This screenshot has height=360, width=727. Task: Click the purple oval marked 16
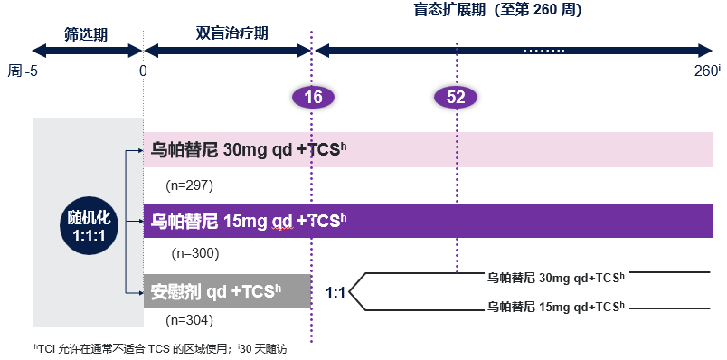[313, 98]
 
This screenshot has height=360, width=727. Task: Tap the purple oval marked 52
[456, 98]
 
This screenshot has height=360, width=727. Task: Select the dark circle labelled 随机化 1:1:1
[89, 226]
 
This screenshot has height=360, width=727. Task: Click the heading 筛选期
[86, 34]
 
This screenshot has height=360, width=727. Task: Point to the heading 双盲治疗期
[231, 33]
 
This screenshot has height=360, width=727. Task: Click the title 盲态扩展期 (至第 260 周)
[497, 10]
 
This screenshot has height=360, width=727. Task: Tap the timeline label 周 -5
[23, 71]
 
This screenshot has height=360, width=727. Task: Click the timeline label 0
[143, 71]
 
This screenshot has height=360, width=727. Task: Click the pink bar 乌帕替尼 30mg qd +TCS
[428, 149]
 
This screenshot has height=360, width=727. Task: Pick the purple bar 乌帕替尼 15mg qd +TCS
[428, 221]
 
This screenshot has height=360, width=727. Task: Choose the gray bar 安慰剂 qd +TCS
[227, 291]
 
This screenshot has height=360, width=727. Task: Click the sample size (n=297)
[189, 185]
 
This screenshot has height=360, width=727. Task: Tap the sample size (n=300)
[195, 253]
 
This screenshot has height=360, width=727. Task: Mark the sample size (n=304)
[189, 320]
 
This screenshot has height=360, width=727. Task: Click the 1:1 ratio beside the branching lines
[335, 293]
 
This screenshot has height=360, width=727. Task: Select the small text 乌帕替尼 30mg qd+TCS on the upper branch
[556, 278]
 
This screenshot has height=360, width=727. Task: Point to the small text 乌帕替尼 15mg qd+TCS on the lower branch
[556, 307]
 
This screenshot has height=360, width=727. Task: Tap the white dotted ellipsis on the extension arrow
[543, 50]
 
